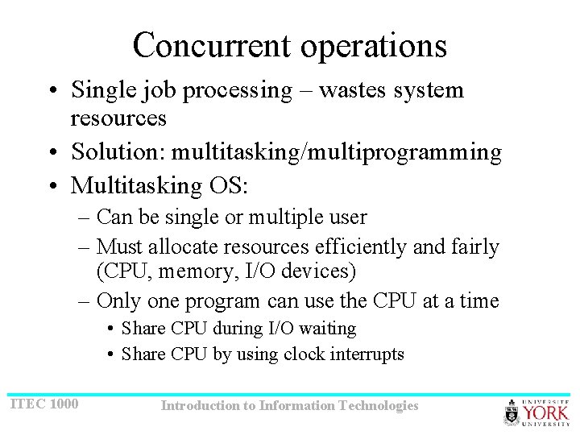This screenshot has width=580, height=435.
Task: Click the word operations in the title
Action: pos(374,47)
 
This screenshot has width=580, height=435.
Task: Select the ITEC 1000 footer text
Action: pos(44,403)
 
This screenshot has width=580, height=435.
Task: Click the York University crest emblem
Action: pos(512,412)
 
